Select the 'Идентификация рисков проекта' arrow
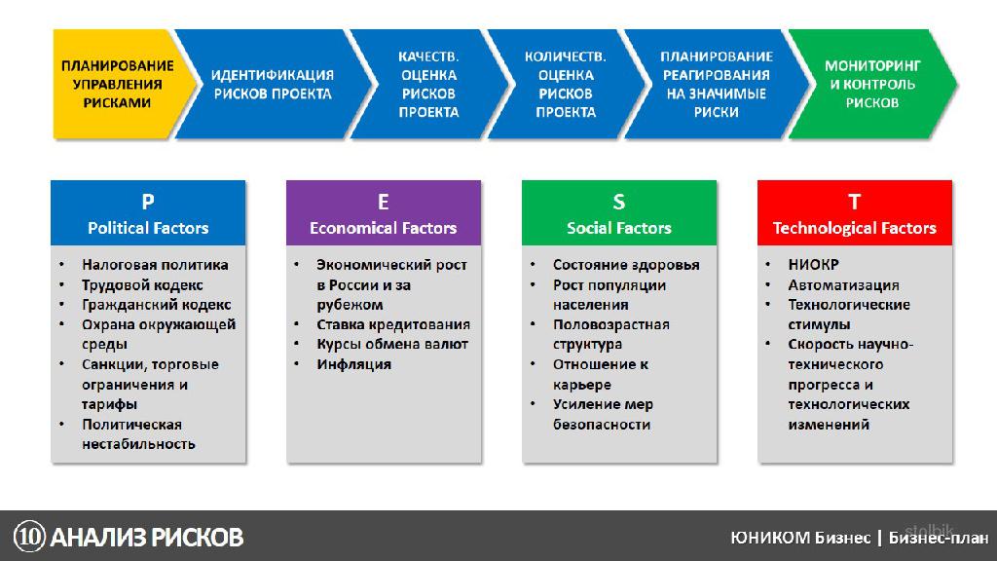tap(273, 84)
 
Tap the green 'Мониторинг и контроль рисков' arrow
tap(872, 84)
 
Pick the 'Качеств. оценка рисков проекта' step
tap(428, 84)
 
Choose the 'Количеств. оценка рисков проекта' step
tap(566, 84)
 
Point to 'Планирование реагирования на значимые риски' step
tap(717, 84)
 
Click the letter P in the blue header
tap(148, 202)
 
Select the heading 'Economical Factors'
tap(384, 228)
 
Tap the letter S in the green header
tap(618, 202)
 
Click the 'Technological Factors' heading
tap(855, 228)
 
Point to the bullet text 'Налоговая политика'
tap(155, 265)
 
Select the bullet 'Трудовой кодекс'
tap(142, 285)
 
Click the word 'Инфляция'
tap(354, 364)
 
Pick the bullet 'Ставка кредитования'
tap(393, 324)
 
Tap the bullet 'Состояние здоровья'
tap(626, 265)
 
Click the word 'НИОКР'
tap(814, 265)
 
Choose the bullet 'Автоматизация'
tap(844, 285)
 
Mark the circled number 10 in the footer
tap(30, 537)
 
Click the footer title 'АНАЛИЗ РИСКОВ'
tap(147, 538)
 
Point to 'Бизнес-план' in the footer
tap(939, 538)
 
